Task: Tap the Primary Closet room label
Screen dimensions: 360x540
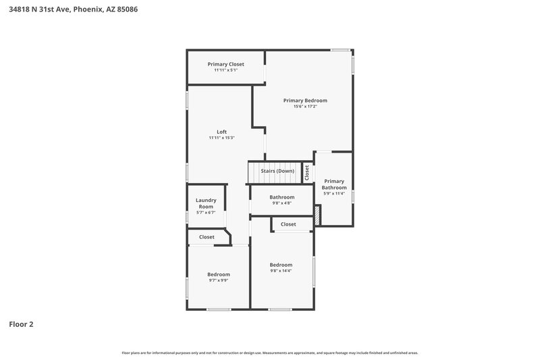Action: tap(225, 64)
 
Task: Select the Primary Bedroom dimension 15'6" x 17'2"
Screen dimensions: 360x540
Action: tap(305, 106)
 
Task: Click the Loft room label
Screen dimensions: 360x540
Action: tap(221, 132)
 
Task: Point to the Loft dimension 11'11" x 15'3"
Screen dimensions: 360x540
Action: tap(221, 138)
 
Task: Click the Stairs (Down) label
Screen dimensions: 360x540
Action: tap(277, 171)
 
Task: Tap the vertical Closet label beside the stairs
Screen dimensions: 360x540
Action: tap(306, 172)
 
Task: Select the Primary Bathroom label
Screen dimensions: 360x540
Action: tap(334, 184)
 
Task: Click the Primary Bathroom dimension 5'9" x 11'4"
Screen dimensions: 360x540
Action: tap(334, 193)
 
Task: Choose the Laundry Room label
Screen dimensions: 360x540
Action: tap(206, 203)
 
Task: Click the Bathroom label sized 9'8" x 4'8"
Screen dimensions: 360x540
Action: tap(282, 197)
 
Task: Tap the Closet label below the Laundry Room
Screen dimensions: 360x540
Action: tap(207, 237)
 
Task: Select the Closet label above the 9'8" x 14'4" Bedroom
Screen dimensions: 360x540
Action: tap(288, 224)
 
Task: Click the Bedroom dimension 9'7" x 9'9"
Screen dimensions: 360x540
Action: tap(218, 280)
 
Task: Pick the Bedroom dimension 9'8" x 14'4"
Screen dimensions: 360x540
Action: tap(281, 270)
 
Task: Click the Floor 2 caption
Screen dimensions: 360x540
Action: tap(21, 324)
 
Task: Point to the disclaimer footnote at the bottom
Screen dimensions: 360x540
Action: tap(269, 353)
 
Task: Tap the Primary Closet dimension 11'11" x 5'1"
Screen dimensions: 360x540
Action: tap(225, 70)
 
